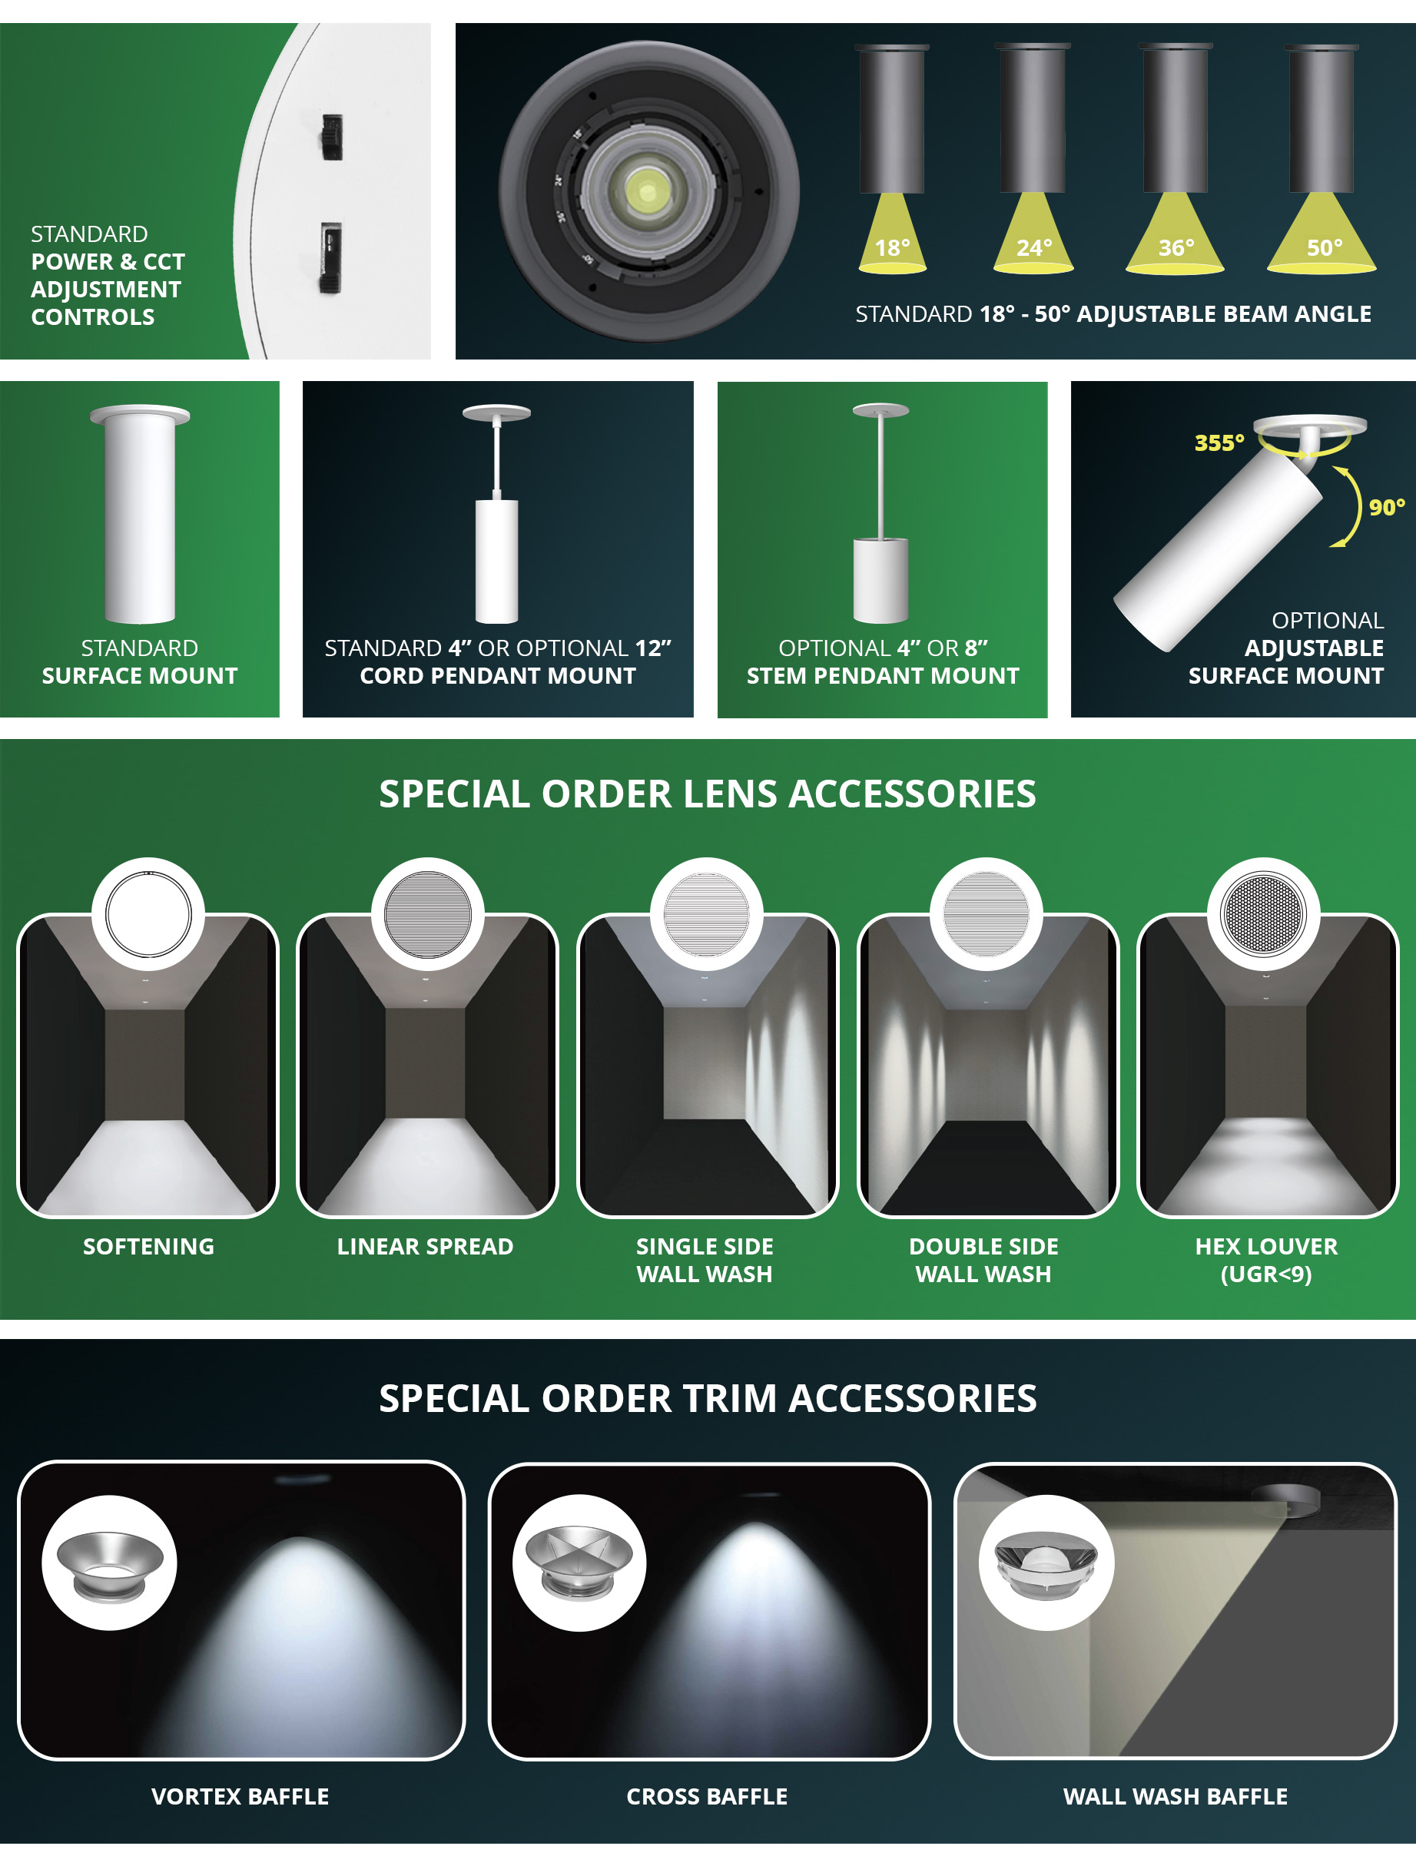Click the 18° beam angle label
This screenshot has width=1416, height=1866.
point(892,248)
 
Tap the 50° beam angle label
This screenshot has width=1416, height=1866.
point(1324,248)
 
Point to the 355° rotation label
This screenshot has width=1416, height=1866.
point(1219,443)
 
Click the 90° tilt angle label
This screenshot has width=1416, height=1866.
point(1387,507)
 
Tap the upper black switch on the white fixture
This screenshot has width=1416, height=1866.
point(332,136)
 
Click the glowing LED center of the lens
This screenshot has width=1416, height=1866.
point(647,191)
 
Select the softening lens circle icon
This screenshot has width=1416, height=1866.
point(148,914)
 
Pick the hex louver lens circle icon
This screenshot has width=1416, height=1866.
point(1263,914)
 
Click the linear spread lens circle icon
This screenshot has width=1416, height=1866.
point(427,914)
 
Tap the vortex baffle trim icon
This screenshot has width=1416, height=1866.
point(110,1563)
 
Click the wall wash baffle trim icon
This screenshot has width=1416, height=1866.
point(1046,1563)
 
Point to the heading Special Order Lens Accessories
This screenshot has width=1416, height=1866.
point(707,794)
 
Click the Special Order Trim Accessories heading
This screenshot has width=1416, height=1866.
point(707,1399)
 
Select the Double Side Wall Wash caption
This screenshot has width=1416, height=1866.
point(984,1261)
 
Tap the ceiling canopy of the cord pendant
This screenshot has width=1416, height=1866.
point(496,413)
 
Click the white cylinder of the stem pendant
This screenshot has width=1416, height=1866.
point(881,580)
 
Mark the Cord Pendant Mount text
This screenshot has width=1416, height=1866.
point(498,676)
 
